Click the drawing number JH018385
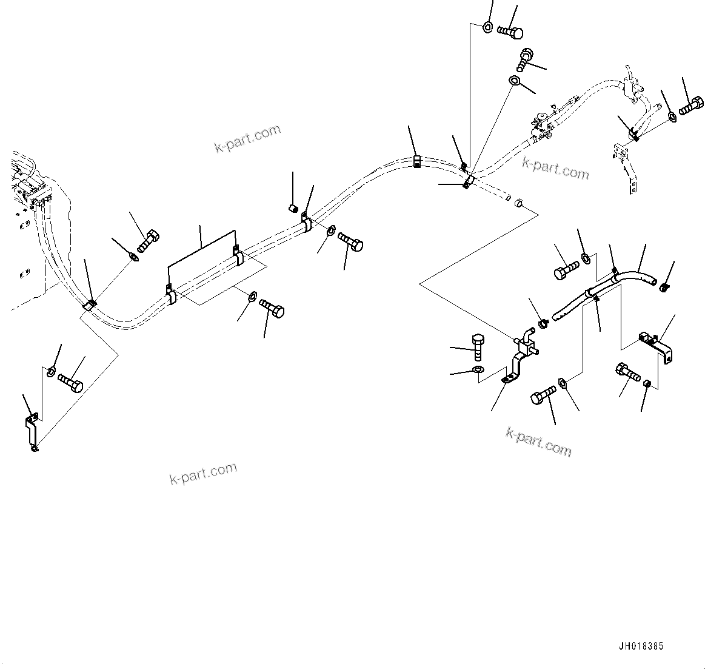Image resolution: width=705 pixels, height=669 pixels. pyautogui.click(x=641, y=647)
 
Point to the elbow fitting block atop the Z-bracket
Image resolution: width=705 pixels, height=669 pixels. pyautogui.click(x=526, y=343)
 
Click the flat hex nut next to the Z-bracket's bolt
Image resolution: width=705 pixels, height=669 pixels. pyautogui.click(x=563, y=383)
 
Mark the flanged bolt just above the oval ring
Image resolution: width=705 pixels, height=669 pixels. pyautogui.click(x=525, y=58)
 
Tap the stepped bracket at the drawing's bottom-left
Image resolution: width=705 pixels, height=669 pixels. pyautogui.click(x=32, y=430)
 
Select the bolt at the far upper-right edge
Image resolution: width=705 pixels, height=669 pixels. pyautogui.click(x=692, y=107)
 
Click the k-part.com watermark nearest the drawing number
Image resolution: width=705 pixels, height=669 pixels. pyautogui.click(x=538, y=441)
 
